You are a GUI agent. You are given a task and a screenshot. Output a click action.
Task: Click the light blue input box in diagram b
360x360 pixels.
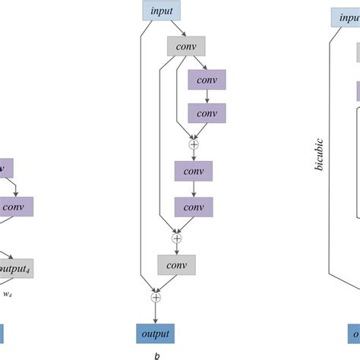160,11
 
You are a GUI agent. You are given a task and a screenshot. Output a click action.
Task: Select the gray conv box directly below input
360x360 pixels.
185,46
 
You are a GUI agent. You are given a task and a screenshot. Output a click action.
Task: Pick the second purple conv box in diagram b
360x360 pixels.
207,113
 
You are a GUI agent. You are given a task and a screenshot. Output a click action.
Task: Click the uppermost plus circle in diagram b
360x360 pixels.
193,143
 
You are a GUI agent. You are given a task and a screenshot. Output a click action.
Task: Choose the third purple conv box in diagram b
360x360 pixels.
193,172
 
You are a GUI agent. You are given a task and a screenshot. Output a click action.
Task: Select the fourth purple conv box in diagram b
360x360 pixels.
193,206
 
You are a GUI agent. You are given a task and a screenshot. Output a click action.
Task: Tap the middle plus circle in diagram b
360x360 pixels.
177,238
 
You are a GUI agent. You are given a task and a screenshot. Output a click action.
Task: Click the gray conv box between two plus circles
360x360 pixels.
177,265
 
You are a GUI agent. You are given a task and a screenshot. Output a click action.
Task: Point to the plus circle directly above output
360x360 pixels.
156,297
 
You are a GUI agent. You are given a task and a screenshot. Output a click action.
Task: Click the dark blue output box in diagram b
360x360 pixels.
156,333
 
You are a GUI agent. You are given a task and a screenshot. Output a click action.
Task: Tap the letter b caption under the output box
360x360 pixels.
156,354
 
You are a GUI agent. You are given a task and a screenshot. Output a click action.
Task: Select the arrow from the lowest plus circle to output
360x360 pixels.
156,313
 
